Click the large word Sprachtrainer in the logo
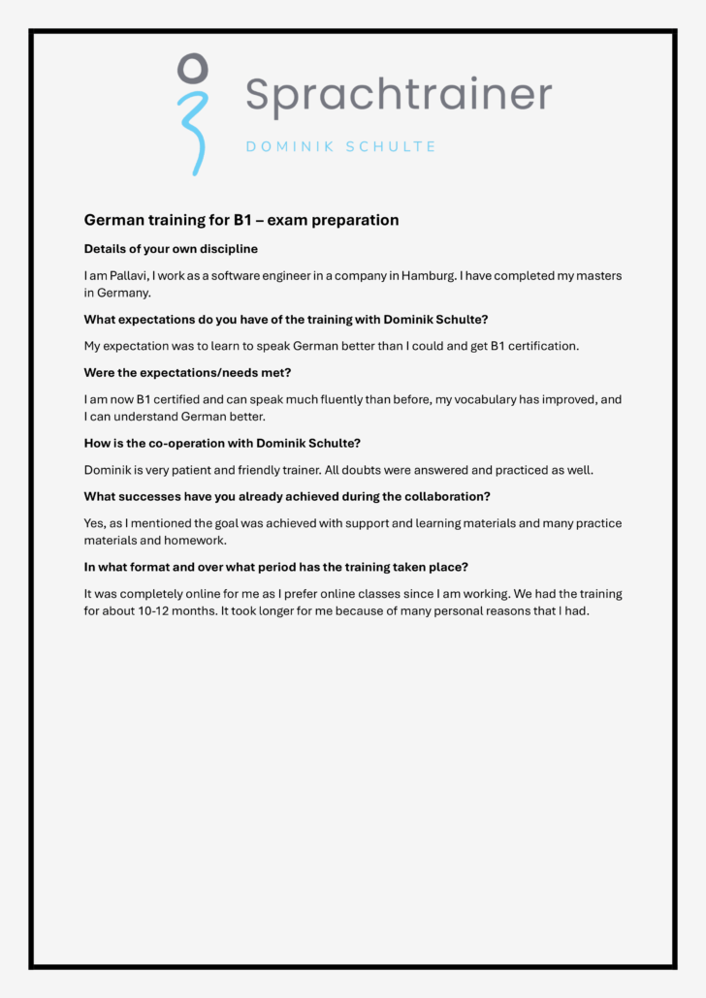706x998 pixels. tap(398, 95)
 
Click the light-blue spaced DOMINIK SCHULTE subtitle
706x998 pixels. tap(340, 147)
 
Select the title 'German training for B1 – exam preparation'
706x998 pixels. tap(241, 220)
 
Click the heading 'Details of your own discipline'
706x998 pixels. tap(171, 249)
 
